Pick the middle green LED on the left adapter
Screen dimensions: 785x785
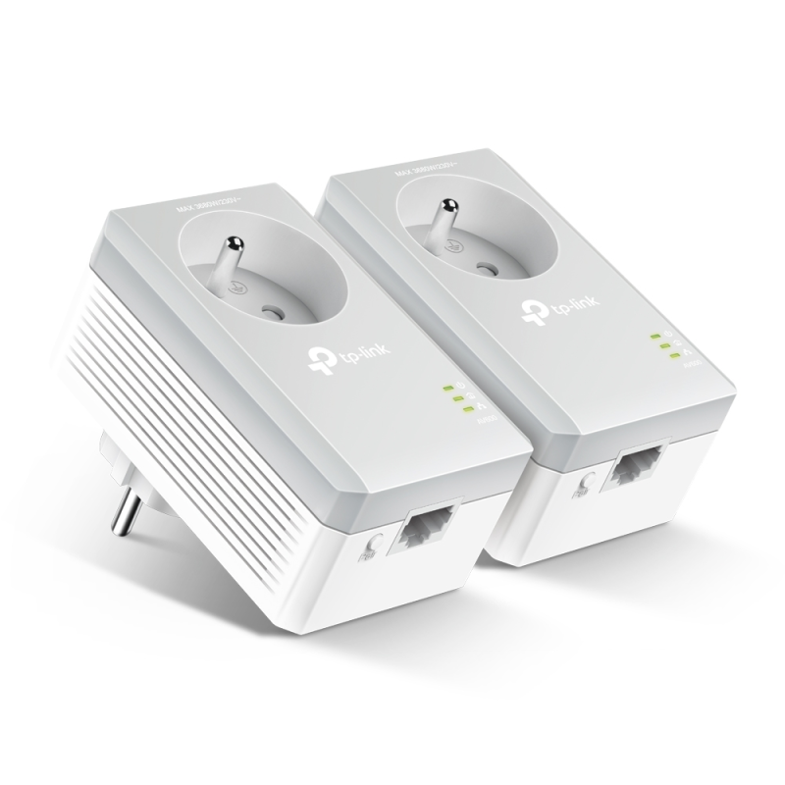pos(457,397)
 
